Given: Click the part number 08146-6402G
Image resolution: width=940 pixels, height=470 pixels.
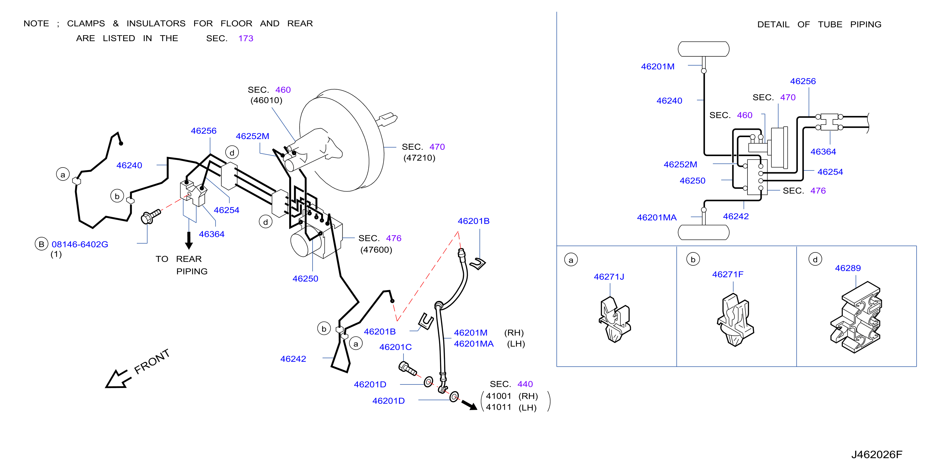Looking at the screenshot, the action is pos(80,244).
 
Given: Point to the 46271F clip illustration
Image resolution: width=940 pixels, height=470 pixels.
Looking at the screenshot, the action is pos(735,320).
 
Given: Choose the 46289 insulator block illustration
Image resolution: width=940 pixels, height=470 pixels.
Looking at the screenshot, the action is pos(856,317).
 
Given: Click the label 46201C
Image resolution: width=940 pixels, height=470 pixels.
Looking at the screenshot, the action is pos(395,347).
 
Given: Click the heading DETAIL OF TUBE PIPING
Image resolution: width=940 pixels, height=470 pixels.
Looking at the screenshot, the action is pos(819,24).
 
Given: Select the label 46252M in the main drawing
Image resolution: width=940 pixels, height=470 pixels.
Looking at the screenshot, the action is pos(252,136).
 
